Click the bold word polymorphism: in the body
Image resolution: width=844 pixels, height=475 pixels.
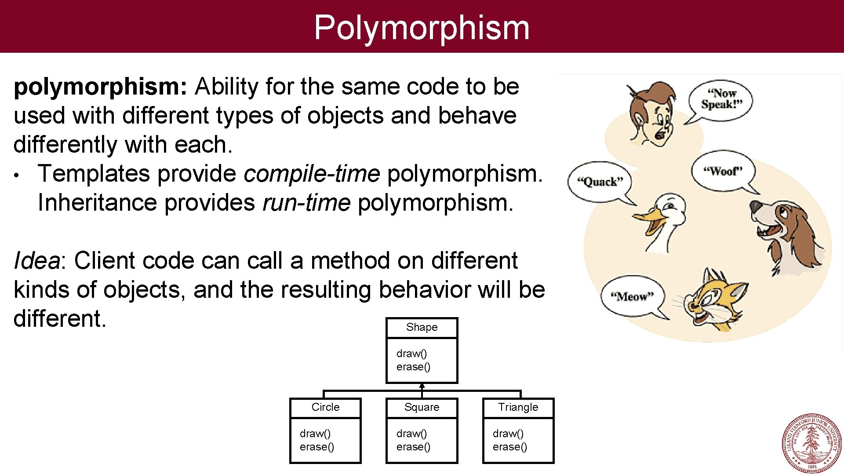coord(101,87)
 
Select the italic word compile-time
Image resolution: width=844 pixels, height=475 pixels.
coord(312,174)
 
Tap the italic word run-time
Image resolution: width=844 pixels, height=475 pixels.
coord(306,203)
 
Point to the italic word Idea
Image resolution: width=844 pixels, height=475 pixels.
coord(36,260)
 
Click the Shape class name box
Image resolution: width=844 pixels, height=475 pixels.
coord(422,327)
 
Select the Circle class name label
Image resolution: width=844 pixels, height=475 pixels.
coord(325,407)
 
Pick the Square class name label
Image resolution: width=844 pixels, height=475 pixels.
coord(422,407)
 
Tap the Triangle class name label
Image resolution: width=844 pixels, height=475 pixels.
coord(518,407)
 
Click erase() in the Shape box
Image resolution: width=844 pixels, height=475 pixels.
coord(413,367)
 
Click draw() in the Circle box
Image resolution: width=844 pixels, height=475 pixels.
coord(315,434)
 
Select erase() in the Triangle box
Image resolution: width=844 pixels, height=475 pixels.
coord(509,447)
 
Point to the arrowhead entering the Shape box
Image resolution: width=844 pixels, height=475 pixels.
coord(422,386)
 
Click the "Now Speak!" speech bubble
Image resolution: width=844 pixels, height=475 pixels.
coord(721,99)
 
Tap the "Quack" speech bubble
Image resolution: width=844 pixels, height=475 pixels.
coord(600,182)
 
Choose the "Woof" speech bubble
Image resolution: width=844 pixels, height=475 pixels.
coord(723,171)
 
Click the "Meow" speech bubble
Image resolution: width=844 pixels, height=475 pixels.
coord(632,296)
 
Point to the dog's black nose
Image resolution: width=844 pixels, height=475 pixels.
coord(755,207)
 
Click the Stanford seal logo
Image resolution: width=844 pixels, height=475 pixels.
coord(812,443)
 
